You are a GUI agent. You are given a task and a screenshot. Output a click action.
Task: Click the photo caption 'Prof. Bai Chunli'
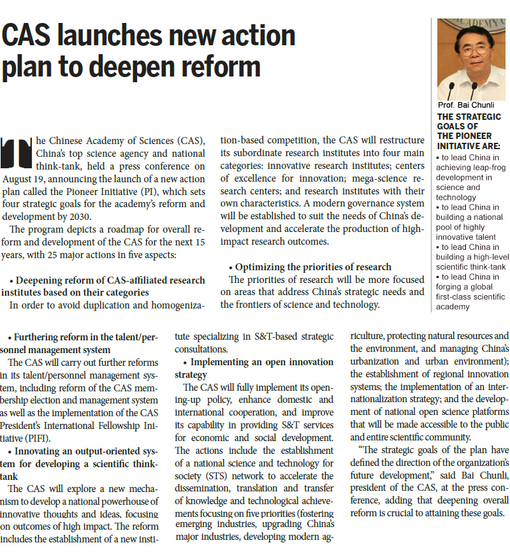(466, 105)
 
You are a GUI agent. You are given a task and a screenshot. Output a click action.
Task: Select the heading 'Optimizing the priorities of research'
(313, 266)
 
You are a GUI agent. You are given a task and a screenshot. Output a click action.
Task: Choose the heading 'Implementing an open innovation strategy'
(254, 368)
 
